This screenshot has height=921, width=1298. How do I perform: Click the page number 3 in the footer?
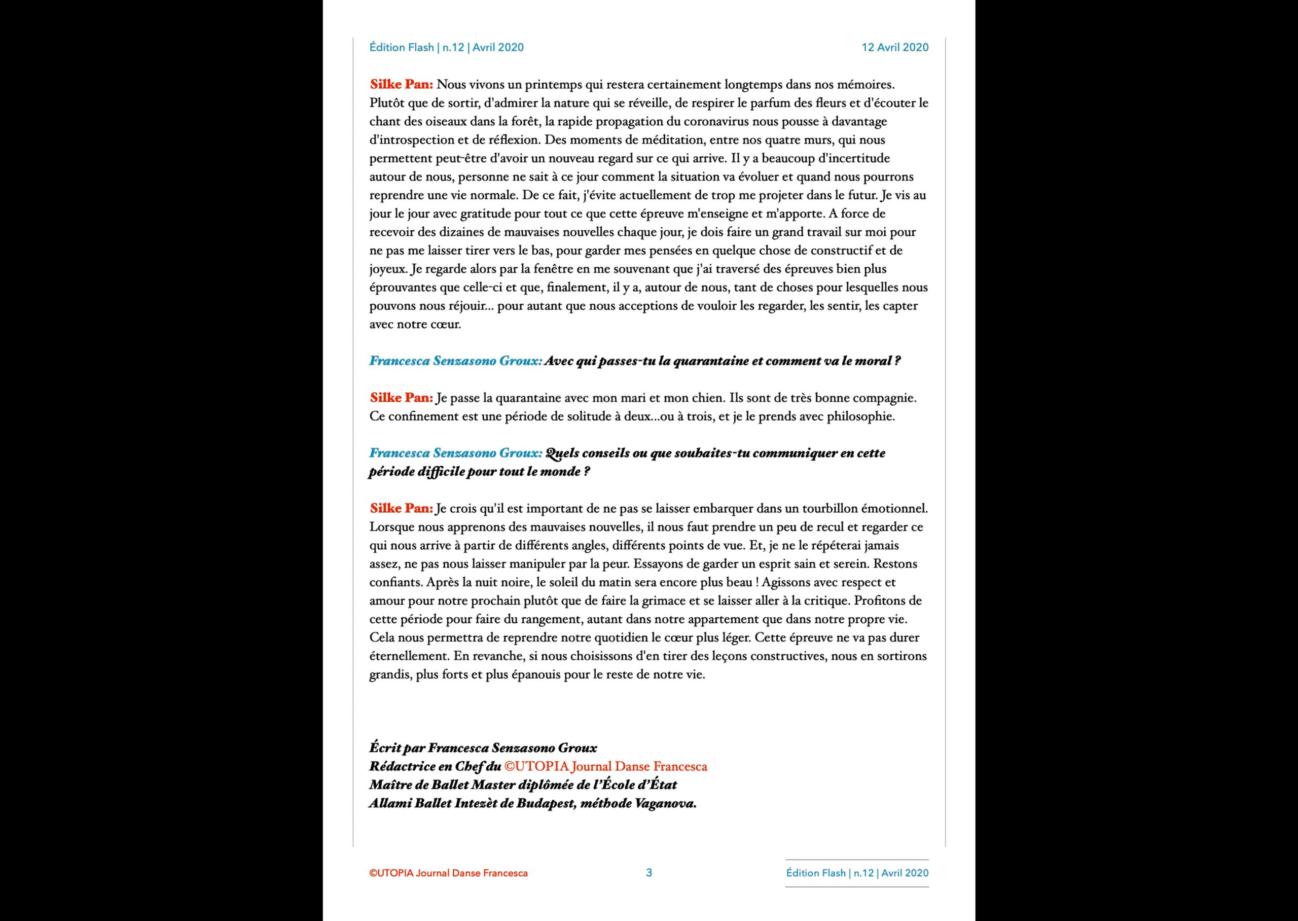click(x=649, y=873)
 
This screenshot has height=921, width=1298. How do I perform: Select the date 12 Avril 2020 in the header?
click(x=895, y=48)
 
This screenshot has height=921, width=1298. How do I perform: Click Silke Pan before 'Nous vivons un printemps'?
click(x=401, y=85)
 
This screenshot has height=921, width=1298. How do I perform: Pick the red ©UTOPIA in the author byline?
click(x=536, y=767)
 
